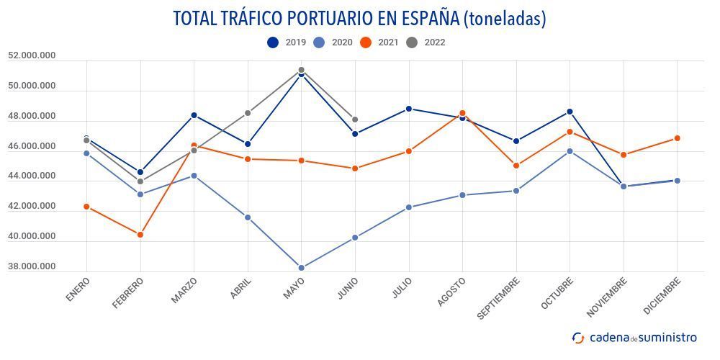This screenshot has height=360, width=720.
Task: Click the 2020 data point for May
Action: (x=301, y=268)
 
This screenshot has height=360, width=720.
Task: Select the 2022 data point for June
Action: (x=355, y=120)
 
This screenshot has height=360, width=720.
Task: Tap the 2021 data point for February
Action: (x=140, y=235)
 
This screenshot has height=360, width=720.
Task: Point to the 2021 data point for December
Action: (x=677, y=138)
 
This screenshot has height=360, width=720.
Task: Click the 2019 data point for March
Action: (x=194, y=115)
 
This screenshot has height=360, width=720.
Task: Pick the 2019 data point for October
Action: (x=570, y=112)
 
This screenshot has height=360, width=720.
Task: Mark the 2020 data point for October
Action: (x=570, y=151)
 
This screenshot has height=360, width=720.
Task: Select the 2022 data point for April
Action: (x=248, y=113)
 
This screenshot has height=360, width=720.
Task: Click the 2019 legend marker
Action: (x=273, y=42)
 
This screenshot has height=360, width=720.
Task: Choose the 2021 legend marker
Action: (x=366, y=42)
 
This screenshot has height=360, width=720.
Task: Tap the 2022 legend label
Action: (x=435, y=42)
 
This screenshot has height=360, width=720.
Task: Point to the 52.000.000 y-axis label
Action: (x=32, y=55)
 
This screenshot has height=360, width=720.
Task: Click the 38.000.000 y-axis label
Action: (x=32, y=266)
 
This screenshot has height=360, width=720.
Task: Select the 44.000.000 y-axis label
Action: (x=32, y=176)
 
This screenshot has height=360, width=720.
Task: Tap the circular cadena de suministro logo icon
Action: (x=578, y=338)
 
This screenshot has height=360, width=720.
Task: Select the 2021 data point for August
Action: (x=462, y=113)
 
